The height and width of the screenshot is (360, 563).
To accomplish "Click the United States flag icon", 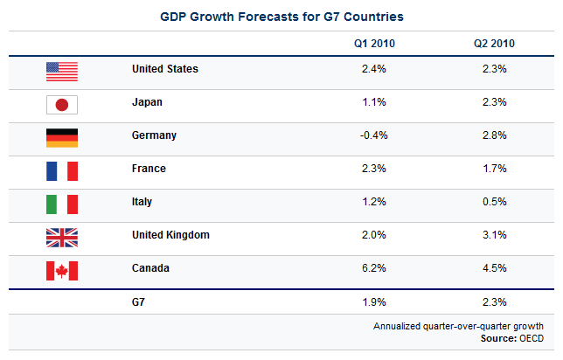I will pyautogui.click(x=61, y=70).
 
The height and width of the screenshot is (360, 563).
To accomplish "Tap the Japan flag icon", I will pyautogui.click(x=61, y=103).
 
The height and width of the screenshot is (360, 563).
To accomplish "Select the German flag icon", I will pyautogui.click(x=61, y=136).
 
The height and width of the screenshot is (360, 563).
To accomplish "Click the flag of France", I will pyautogui.click(x=61, y=170).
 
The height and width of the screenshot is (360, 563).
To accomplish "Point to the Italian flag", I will pyautogui.click(x=61, y=203).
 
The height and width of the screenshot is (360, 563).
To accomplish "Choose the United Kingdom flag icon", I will pyautogui.click(x=61, y=236).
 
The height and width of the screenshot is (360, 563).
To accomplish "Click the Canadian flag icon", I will pyautogui.click(x=61, y=270).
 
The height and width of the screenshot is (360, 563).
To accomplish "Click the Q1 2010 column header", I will pyautogui.click(x=373, y=43).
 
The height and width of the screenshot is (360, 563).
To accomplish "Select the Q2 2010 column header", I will pyautogui.click(x=495, y=43).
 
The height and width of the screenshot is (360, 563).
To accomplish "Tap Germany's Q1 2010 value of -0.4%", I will pyautogui.click(x=373, y=135).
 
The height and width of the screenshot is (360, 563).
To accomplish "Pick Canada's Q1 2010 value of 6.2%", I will pyautogui.click(x=373, y=268).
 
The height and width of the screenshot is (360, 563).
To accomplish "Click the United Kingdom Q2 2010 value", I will pyautogui.click(x=495, y=235).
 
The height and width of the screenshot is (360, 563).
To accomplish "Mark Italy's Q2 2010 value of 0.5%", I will pyautogui.click(x=495, y=202).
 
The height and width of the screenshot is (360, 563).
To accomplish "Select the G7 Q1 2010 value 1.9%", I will pyautogui.click(x=373, y=302).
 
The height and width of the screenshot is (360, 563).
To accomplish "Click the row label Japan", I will pyautogui.click(x=147, y=102).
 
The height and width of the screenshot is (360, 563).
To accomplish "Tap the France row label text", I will pyautogui.click(x=149, y=169).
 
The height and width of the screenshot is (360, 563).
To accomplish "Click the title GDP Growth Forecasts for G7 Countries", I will pyautogui.click(x=281, y=17).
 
